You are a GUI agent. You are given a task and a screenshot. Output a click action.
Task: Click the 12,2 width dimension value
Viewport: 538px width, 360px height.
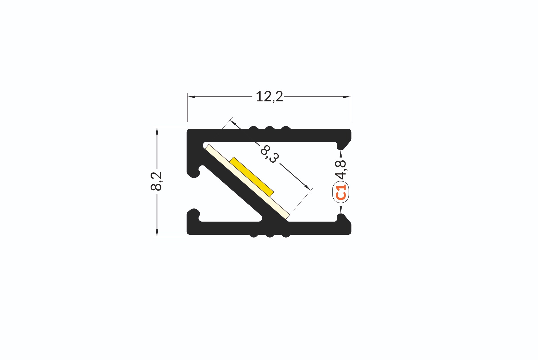coord(269,97)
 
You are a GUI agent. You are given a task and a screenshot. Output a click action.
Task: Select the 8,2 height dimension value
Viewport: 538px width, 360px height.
coord(156,181)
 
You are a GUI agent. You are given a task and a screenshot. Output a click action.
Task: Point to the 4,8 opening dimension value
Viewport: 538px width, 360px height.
coord(341,169)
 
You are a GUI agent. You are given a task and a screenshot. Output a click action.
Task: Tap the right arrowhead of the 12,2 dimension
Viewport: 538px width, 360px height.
coord(347,97)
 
